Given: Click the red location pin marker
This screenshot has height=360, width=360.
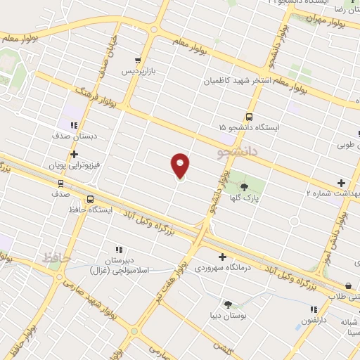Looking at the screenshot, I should click(x=181, y=166).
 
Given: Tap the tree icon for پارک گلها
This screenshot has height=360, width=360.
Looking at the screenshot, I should click(x=244, y=186).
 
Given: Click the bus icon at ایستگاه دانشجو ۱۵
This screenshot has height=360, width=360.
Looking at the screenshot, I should click(x=249, y=117).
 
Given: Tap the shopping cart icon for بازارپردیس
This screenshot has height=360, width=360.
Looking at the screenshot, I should click(x=138, y=60).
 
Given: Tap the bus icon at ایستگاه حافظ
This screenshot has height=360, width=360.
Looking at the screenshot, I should click(x=90, y=200).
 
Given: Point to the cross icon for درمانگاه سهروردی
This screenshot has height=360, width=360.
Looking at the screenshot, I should click(x=223, y=257).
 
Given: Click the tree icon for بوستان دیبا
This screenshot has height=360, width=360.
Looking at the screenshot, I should click(x=229, y=304).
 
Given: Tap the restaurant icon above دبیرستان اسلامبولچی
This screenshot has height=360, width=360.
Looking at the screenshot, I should click(x=119, y=250).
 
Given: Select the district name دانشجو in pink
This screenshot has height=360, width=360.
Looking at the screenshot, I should click(x=238, y=150).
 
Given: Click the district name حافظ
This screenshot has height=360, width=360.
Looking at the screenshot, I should click(x=57, y=257).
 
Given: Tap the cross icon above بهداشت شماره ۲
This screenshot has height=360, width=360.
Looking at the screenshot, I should click(x=342, y=182).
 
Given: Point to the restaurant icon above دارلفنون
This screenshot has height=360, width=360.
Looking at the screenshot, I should click(x=314, y=309).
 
